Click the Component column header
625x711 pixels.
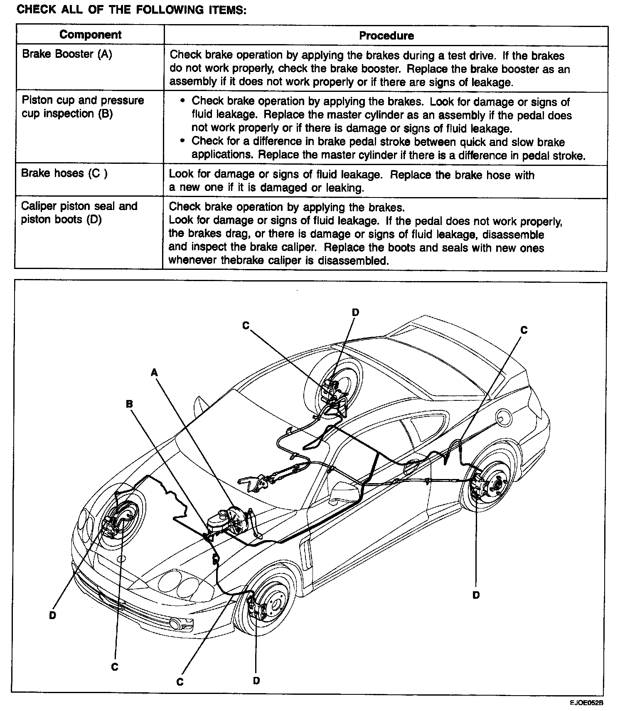click(x=90, y=35)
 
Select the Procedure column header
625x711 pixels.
click(x=386, y=36)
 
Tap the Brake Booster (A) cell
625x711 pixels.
click(x=67, y=54)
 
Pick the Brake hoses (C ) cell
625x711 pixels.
click(x=64, y=173)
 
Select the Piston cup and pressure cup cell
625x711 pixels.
click(x=82, y=107)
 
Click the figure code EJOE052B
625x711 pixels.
click(x=586, y=703)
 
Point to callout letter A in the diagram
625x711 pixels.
click(x=154, y=373)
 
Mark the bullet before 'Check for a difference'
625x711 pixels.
click(x=182, y=141)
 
